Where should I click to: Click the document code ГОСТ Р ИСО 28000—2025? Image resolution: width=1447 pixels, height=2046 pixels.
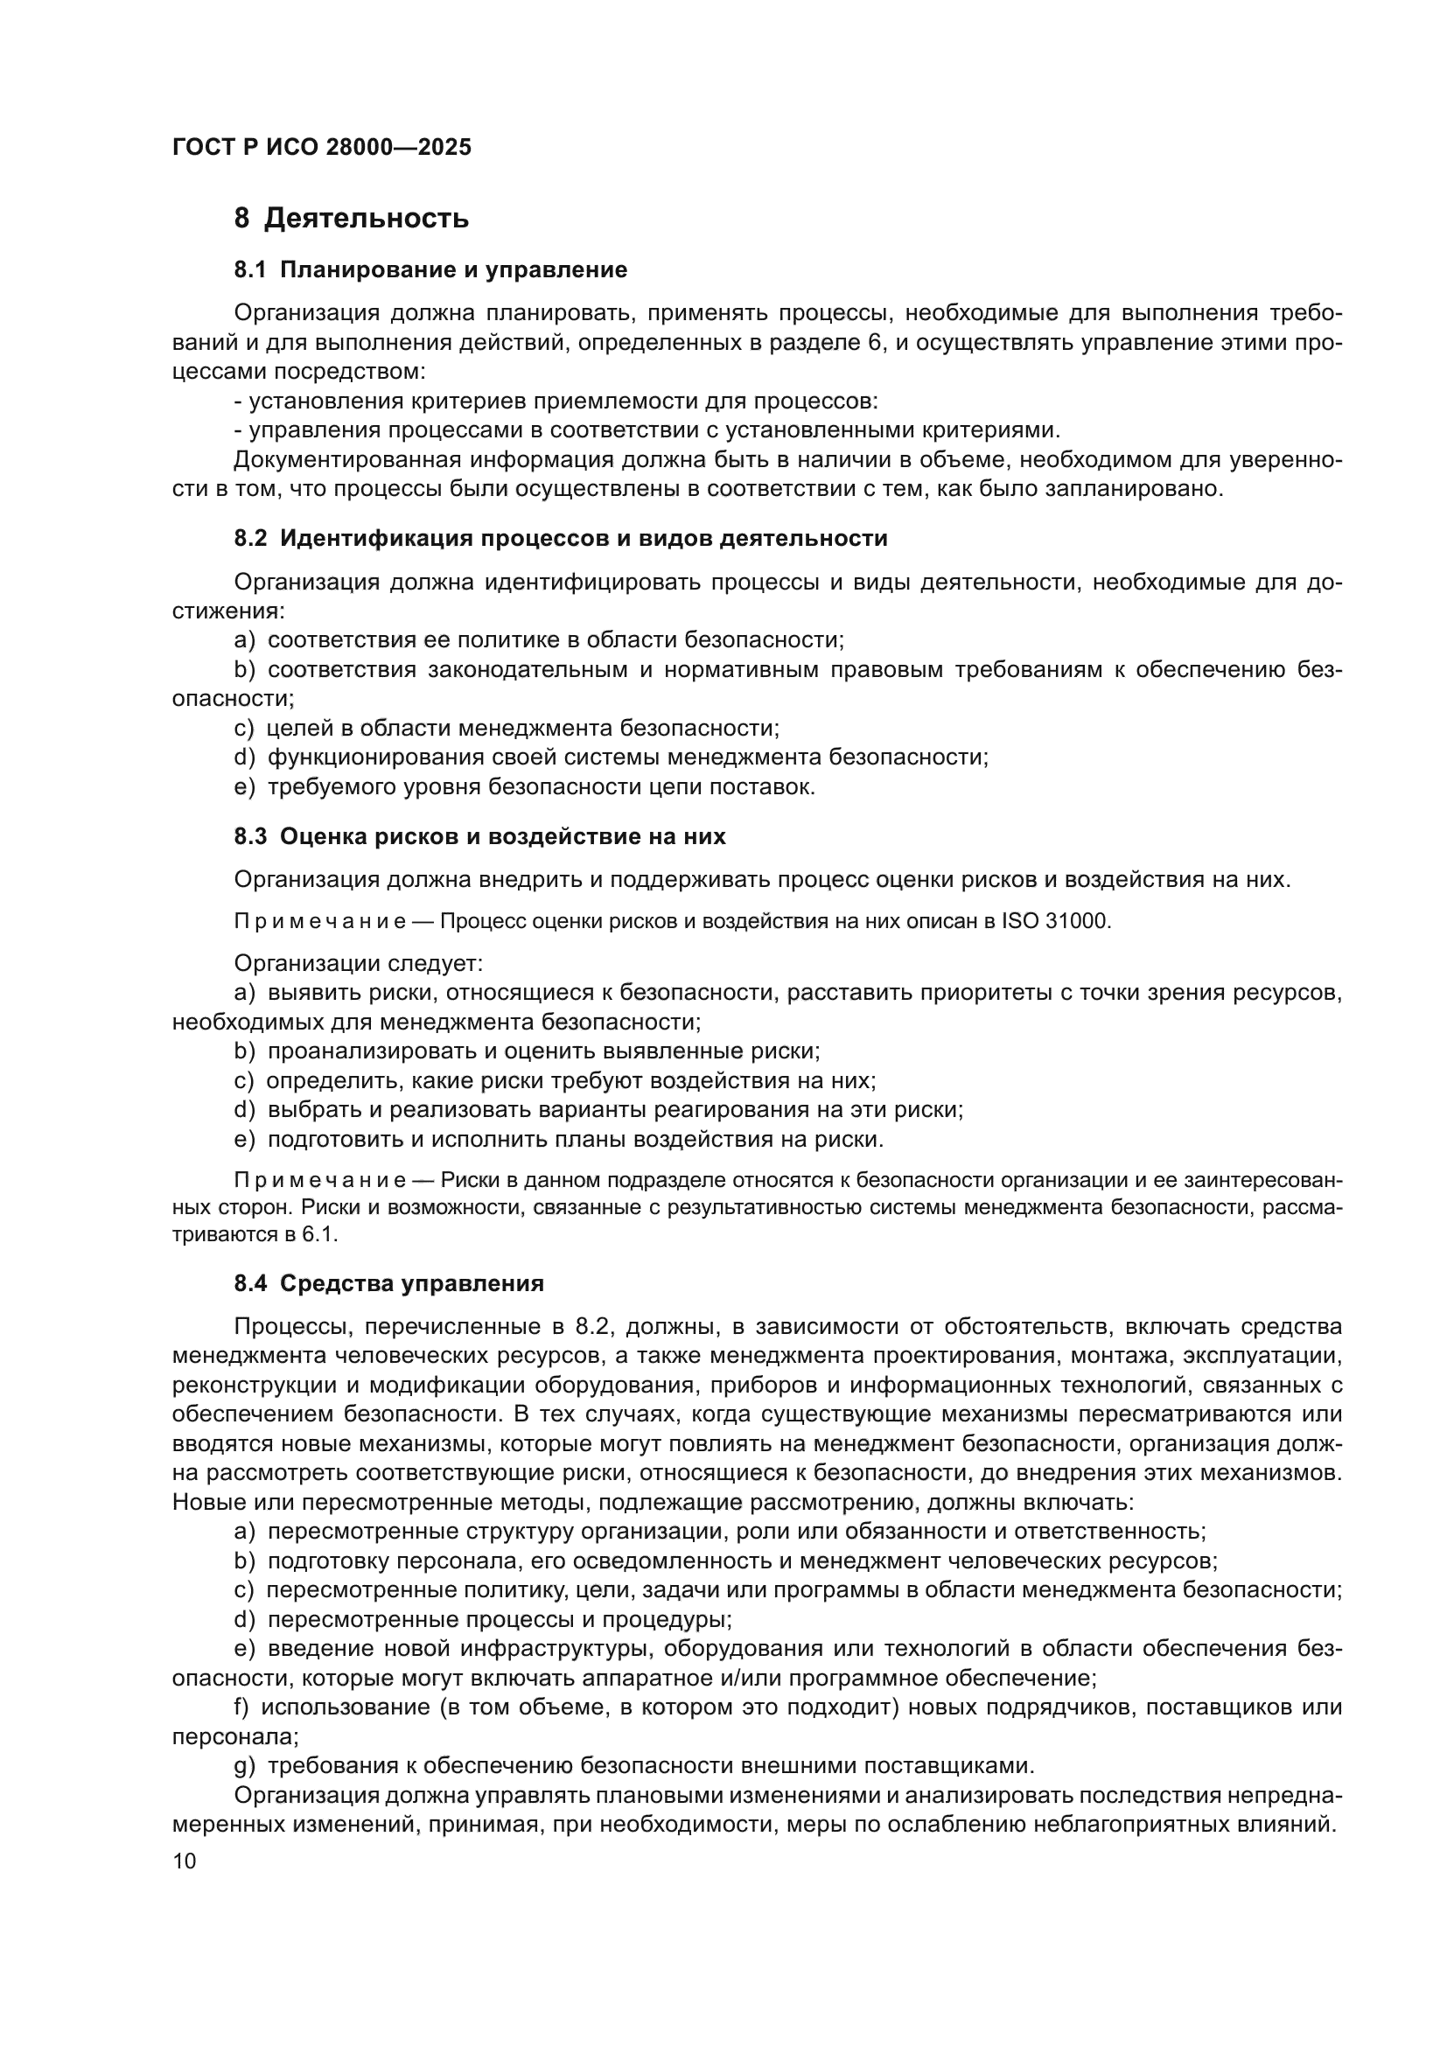click(322, 148)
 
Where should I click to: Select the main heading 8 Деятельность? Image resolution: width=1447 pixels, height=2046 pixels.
click(351, 219)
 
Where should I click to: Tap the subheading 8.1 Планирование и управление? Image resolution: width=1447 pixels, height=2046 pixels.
click(430, 270)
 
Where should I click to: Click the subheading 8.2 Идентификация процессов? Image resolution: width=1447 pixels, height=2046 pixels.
click(561, 538)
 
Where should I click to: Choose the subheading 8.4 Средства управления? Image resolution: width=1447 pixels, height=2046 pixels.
click(388, 1283)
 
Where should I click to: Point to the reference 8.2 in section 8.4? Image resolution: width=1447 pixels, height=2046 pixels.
click(591, 1327)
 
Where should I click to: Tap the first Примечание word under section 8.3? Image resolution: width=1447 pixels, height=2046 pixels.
click(320, 921)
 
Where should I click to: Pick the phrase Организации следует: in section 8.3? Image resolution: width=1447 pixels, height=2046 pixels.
click(358, 963)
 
